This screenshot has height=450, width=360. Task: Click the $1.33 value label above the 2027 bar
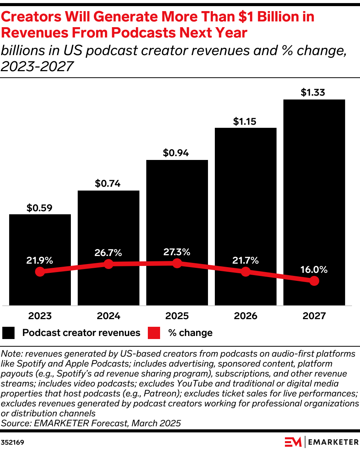click(x=314, y=93)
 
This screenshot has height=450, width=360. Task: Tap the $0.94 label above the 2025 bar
click(x=177, y=153)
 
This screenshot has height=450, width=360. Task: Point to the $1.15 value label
click(x=245, y=121)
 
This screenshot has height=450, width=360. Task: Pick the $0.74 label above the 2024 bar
click(x=108, y=184)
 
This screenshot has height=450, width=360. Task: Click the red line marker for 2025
click(x=177, y=263)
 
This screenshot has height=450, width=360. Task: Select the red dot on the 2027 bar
click(x=314, y=281)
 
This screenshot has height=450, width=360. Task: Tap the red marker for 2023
click(x=40, y=272)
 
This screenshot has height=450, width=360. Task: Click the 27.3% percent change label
click(x=177, y=252)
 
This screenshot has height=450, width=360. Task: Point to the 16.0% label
click(x=314, y=270)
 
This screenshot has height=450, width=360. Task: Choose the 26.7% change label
click(x=108, y=253)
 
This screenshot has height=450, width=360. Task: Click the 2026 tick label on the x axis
click(x=245, y=316)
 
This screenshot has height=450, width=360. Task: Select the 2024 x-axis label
click(x=108, y=316)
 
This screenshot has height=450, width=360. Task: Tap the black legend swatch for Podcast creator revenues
click(x=8, y=333)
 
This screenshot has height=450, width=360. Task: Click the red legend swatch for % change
click(x=154, y=333)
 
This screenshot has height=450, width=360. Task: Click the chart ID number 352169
click(x=13, y=442)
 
